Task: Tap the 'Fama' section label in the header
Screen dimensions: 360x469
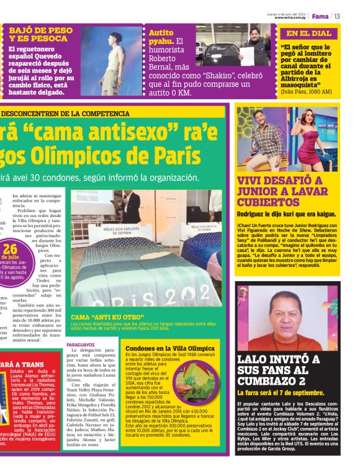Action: (x=320, y=16)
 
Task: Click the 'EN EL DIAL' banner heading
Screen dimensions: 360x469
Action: (x=308, y=33)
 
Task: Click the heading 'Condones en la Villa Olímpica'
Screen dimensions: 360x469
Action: (x=169, y=348)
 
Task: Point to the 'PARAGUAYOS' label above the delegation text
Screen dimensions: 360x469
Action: (x=81, y=344)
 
